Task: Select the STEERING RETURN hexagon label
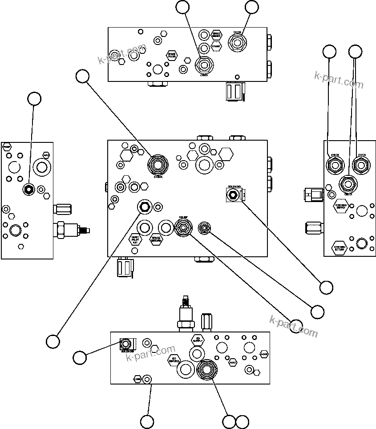340,248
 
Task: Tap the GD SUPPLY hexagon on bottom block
198,340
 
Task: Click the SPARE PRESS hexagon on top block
172,56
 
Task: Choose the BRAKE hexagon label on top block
216,46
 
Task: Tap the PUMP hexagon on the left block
7,146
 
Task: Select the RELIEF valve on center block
183,228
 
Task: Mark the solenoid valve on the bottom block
126,344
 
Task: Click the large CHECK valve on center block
158,164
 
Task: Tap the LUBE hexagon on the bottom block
137,379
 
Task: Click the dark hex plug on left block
29,190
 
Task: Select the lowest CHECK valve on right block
347,182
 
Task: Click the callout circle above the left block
34,99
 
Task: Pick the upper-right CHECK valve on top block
237,43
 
